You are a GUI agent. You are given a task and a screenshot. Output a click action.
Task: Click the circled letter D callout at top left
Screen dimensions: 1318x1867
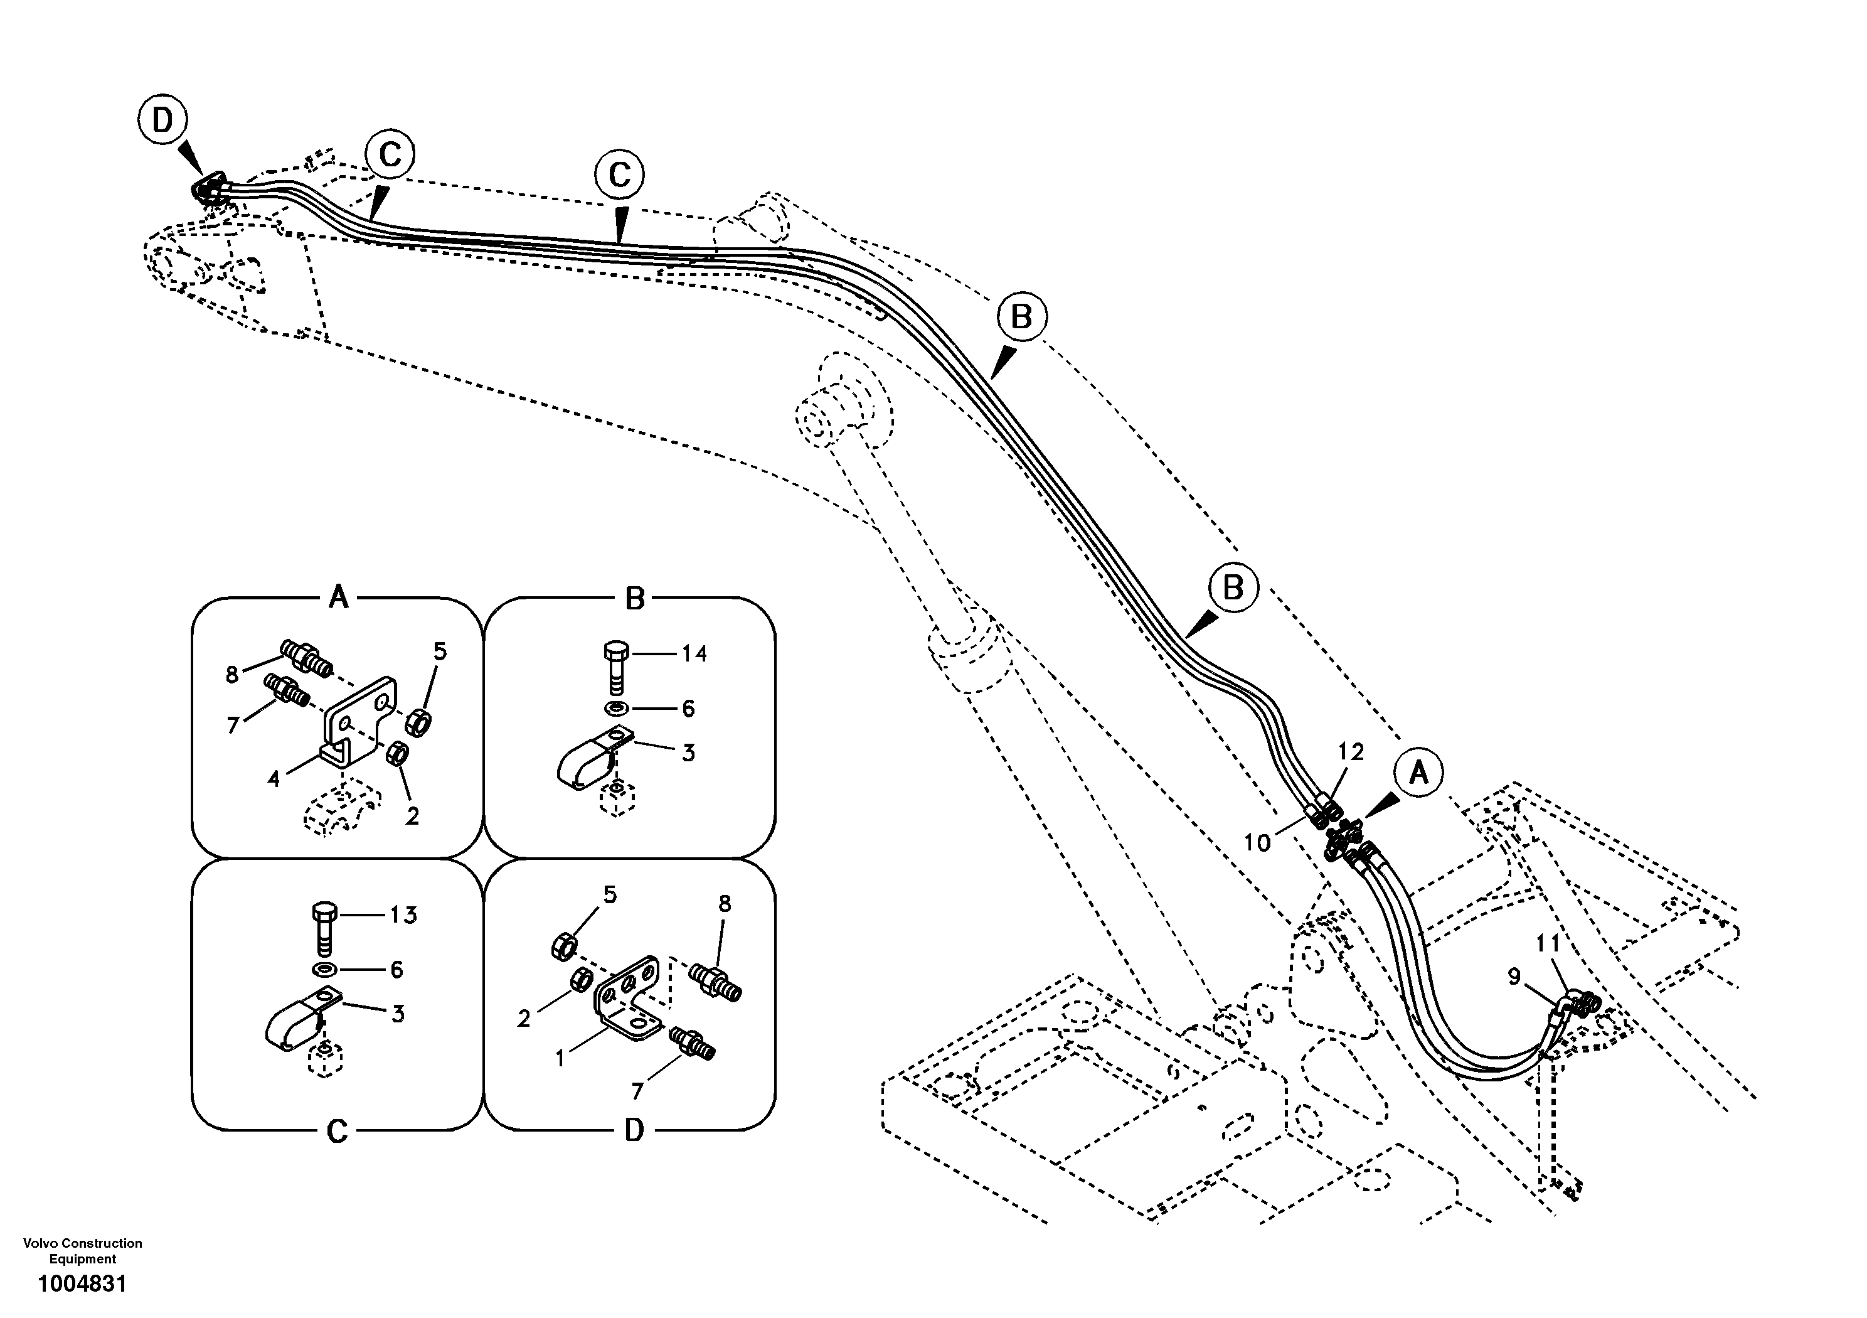(162, 121)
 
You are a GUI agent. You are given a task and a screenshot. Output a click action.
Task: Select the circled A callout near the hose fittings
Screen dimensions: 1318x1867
(1418, 772)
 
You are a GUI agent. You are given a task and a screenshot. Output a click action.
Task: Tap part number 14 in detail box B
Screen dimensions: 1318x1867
(694, 653)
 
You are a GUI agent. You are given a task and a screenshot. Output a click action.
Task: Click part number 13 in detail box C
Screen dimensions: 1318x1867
(403, 915)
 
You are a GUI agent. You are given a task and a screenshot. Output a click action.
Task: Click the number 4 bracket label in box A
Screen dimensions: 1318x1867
(274, 780)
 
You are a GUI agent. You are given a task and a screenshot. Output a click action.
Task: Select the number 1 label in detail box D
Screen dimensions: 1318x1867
(560, 1058)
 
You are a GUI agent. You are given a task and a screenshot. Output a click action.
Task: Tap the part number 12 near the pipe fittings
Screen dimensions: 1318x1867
(1351, 752)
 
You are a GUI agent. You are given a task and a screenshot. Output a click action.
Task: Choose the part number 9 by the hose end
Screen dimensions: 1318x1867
(1514, 975)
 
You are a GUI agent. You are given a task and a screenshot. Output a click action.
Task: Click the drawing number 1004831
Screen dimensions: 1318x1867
(82, 1285)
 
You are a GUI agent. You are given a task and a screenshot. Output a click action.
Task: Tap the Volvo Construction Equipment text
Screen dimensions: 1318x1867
(82, 1250)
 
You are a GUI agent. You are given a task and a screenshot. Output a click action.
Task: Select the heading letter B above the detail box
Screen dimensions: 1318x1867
(634, 599)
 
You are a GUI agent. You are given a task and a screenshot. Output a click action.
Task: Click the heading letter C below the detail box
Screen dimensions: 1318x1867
(338, 1131)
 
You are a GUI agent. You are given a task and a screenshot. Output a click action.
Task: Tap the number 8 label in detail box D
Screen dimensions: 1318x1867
(725, 904)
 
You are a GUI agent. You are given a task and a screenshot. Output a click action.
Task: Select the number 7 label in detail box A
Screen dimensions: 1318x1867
(233, 726)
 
